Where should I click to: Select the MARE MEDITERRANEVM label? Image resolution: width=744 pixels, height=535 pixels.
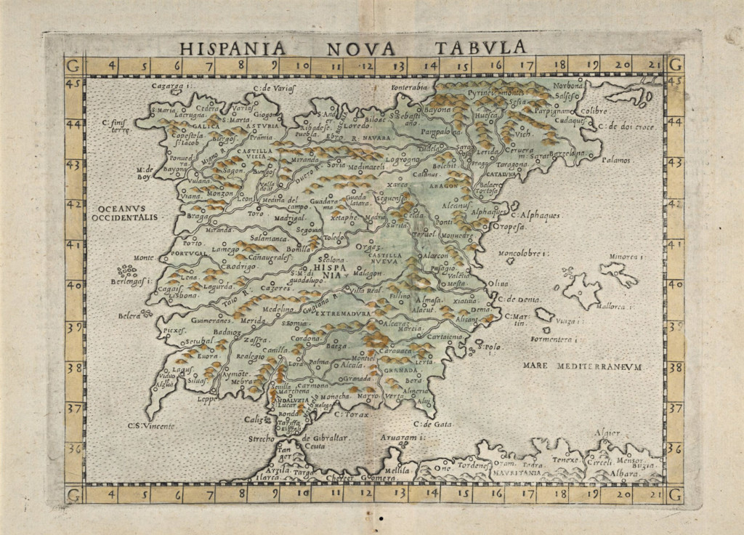tap(582, 367)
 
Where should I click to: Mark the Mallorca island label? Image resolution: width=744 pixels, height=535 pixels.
tap(617, 307)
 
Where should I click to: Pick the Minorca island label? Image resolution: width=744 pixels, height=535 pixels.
tap(626, 257)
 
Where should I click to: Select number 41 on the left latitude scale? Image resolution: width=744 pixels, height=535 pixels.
tap(74, 246)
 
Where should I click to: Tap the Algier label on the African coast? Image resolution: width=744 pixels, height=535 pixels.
tap(608, 433)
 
